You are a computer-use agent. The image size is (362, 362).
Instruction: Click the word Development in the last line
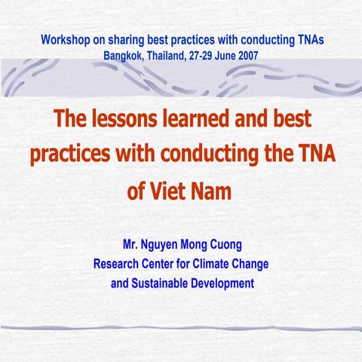pyautogui.click(x=222, y=284)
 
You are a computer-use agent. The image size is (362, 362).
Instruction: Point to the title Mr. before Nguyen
pyautogui.click(x=133, y=246)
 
